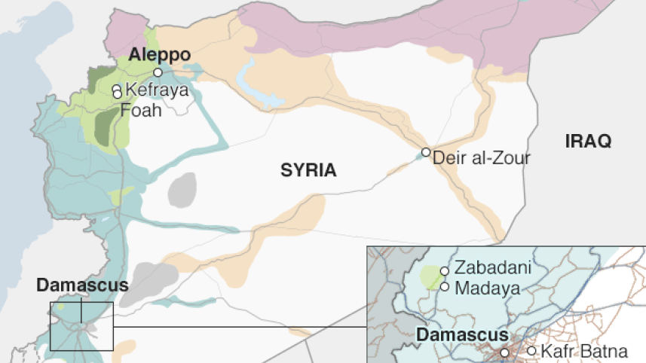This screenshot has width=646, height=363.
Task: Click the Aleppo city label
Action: (158, 55)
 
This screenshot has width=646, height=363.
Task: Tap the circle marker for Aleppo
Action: (158, 72)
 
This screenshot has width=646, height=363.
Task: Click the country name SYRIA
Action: (308, 171)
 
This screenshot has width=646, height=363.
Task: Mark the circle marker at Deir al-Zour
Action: (426, 152)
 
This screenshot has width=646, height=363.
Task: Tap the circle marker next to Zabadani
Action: (445, 270)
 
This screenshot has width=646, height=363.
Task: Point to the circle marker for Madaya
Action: (445, 287)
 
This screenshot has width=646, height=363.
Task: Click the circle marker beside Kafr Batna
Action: (531, 351)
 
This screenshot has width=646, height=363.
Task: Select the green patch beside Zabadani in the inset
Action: (430, 276)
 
